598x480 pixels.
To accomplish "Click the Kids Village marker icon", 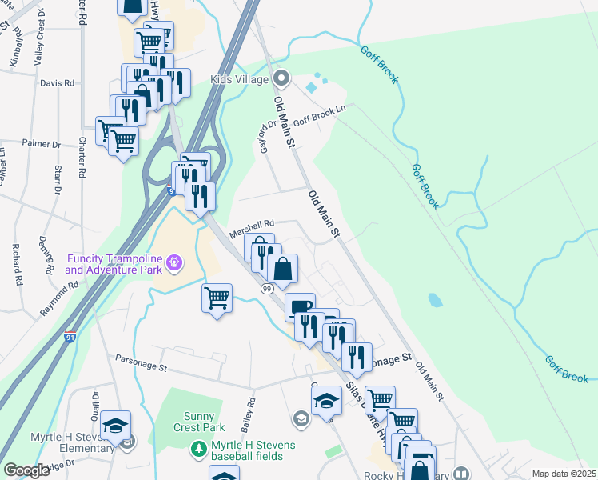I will point(281,79).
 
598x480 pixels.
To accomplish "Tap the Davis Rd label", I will point(57,82).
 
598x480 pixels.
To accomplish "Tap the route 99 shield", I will point(268,287).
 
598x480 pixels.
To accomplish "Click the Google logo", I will point(27,470).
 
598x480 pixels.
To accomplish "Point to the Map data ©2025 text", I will point(564,474).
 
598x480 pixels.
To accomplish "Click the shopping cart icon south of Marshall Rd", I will point(217,298).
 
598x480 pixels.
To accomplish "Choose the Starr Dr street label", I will point(58,181).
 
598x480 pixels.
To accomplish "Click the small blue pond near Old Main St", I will point(435,300).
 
